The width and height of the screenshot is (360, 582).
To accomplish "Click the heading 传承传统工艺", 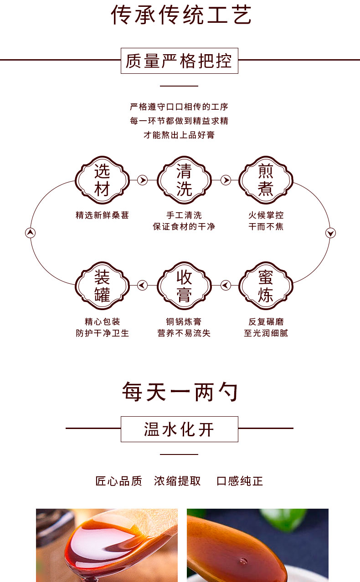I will coord(181,15).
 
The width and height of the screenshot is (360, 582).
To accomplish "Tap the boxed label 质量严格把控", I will coord(179,61).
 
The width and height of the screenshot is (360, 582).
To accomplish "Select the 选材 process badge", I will coord(102,180).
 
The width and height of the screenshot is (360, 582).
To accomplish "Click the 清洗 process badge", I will coord(184,180).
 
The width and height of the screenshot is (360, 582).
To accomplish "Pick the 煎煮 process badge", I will coord(266,180).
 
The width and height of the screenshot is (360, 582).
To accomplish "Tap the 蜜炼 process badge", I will coord(266,286).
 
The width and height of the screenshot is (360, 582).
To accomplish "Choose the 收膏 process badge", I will coord(184,286).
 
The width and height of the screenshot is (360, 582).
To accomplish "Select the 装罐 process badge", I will coord(102,286).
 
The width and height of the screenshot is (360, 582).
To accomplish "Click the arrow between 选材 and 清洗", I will coord(143,180).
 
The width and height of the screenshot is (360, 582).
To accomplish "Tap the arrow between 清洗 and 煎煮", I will coord(226,180).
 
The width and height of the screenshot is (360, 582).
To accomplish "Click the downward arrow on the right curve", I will coord(330,233).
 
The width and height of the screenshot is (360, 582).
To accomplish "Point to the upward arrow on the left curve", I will coord(30,233).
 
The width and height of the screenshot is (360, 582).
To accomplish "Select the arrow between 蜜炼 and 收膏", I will coord(226,286).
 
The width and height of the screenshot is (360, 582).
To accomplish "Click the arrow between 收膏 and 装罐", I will coord(143,286).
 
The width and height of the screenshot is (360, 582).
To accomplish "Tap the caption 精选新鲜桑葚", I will coord(102,215).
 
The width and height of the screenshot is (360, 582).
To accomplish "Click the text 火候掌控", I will coord(266,215).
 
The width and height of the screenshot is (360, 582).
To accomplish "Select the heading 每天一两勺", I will coord(180,392).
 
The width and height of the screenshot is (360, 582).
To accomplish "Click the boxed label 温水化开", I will coord(179,429).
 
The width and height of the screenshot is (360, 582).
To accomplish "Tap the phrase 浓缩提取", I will coord(177,481).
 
